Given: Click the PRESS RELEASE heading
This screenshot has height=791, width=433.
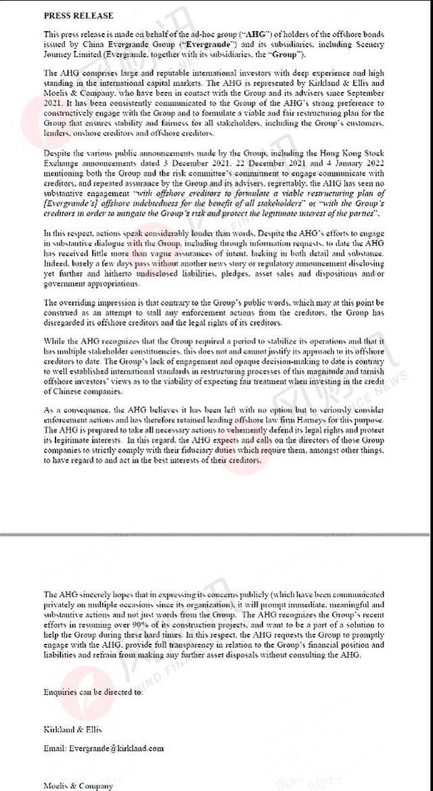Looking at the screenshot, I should click(x=78, y=15).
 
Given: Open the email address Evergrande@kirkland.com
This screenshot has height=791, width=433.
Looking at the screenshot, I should click(x=108, y=748).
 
